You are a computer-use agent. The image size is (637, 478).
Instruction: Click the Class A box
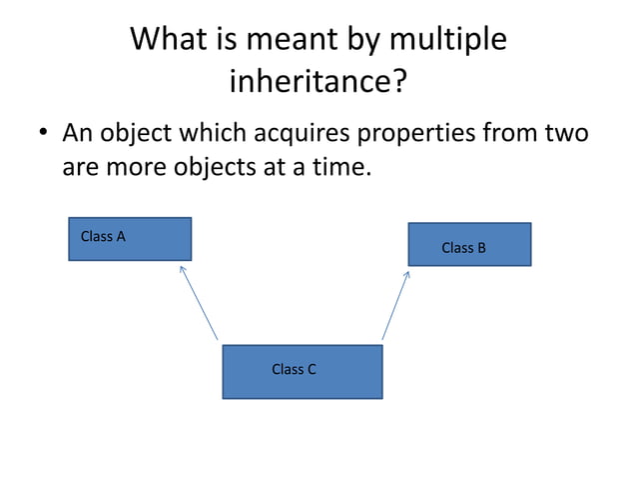tap(130, 239)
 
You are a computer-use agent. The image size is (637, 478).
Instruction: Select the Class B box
tap(469, 244)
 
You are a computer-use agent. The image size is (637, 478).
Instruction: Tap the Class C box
tap(302, 371)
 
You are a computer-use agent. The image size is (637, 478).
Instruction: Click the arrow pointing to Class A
tap(199, 303)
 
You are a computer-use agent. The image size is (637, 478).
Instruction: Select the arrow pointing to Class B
tap(396, 304)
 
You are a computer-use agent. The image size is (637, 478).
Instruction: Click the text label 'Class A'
tap(103, 237)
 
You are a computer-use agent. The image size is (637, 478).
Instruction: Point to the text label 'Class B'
tap(463, 247)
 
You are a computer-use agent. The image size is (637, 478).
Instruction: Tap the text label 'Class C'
tap(294, 369)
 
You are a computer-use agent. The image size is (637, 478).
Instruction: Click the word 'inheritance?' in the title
tap(318, 81)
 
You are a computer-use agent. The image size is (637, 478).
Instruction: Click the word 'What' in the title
tap(174, 39)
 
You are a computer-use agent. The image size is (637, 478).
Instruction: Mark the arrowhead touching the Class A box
tap(182, 267)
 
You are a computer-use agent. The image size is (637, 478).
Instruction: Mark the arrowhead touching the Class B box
tap(407, 272)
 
